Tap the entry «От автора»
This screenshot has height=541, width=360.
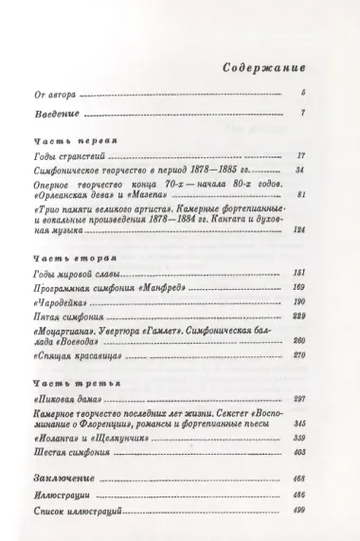coord(53,96)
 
